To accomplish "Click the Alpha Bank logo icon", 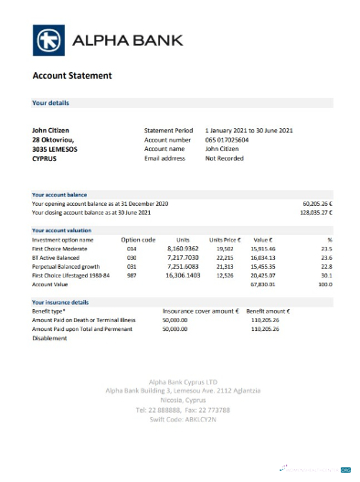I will pos(49,40).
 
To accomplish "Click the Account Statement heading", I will pos(72,75).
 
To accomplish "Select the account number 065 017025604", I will pos(228,140).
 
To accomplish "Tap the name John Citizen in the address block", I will pos(50,131).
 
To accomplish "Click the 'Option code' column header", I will pos(139,239).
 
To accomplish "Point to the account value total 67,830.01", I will pos(264,283).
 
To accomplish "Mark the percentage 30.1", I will pos(327,273).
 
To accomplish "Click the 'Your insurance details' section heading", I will pos(60,301).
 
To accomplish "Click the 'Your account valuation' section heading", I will pos(61,230).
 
